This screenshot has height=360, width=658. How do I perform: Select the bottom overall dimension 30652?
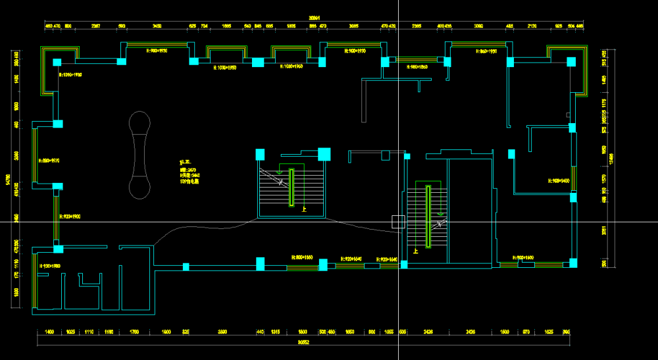point(304,342)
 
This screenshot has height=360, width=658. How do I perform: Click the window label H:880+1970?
point(49,160)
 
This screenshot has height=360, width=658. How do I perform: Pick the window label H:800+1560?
point(303,257)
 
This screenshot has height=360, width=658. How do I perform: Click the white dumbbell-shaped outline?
point(139,155)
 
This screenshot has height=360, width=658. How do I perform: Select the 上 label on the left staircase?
point(304,210)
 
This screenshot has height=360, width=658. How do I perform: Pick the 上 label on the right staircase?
point(415,251)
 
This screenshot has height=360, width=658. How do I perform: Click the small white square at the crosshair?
point(397,222)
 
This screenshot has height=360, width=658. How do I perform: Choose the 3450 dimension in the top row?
point(157,26)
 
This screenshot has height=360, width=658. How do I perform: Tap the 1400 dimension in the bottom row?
point(49,332)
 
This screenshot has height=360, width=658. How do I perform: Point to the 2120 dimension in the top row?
point(532,26)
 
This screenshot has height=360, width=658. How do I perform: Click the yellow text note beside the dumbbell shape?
point(190,172)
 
